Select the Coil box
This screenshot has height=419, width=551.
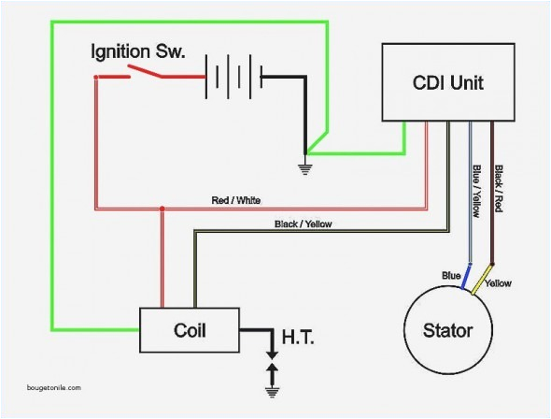pyautogui.click(x=191, y=330)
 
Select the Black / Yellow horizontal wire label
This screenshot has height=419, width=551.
pyautogui.click(x=303, y=224)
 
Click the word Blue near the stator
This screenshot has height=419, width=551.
pyautogui.click(x=452, y=275)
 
